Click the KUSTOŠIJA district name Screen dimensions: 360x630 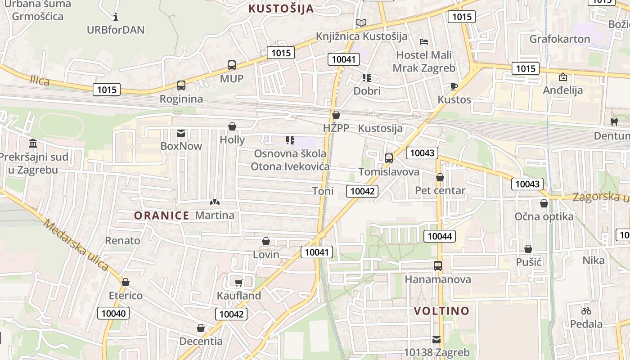click(x=281, y=8)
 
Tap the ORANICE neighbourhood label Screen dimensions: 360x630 click(x=162, y=216)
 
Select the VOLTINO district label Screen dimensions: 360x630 click(x=441, y=311)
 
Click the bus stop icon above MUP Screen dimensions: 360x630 click(x=232, y=65)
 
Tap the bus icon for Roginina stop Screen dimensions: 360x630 click(x=181, y=85)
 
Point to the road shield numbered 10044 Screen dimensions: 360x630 click(x=440, y=236)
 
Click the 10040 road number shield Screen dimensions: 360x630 click(x=114, y=313)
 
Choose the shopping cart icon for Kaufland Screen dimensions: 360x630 click(x=239, y=283)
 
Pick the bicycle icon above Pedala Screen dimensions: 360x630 click(x=586, y=311)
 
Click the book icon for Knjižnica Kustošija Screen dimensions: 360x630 click(x=361, y=22)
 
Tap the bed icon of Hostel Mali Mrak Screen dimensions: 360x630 click(x=423, y=42)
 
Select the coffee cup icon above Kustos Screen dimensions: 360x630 click(x=454, y=86)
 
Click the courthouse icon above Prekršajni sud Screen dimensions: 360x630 click(x=33, y=144)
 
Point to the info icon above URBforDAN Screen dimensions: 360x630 click(x=116, y=17)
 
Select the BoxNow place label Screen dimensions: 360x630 click(x=181, y=146)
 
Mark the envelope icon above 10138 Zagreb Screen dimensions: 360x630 click(x=436, y=339)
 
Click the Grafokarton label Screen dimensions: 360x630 click(x=559, y=39)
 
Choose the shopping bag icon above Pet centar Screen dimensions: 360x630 click(x=440, y=177)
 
